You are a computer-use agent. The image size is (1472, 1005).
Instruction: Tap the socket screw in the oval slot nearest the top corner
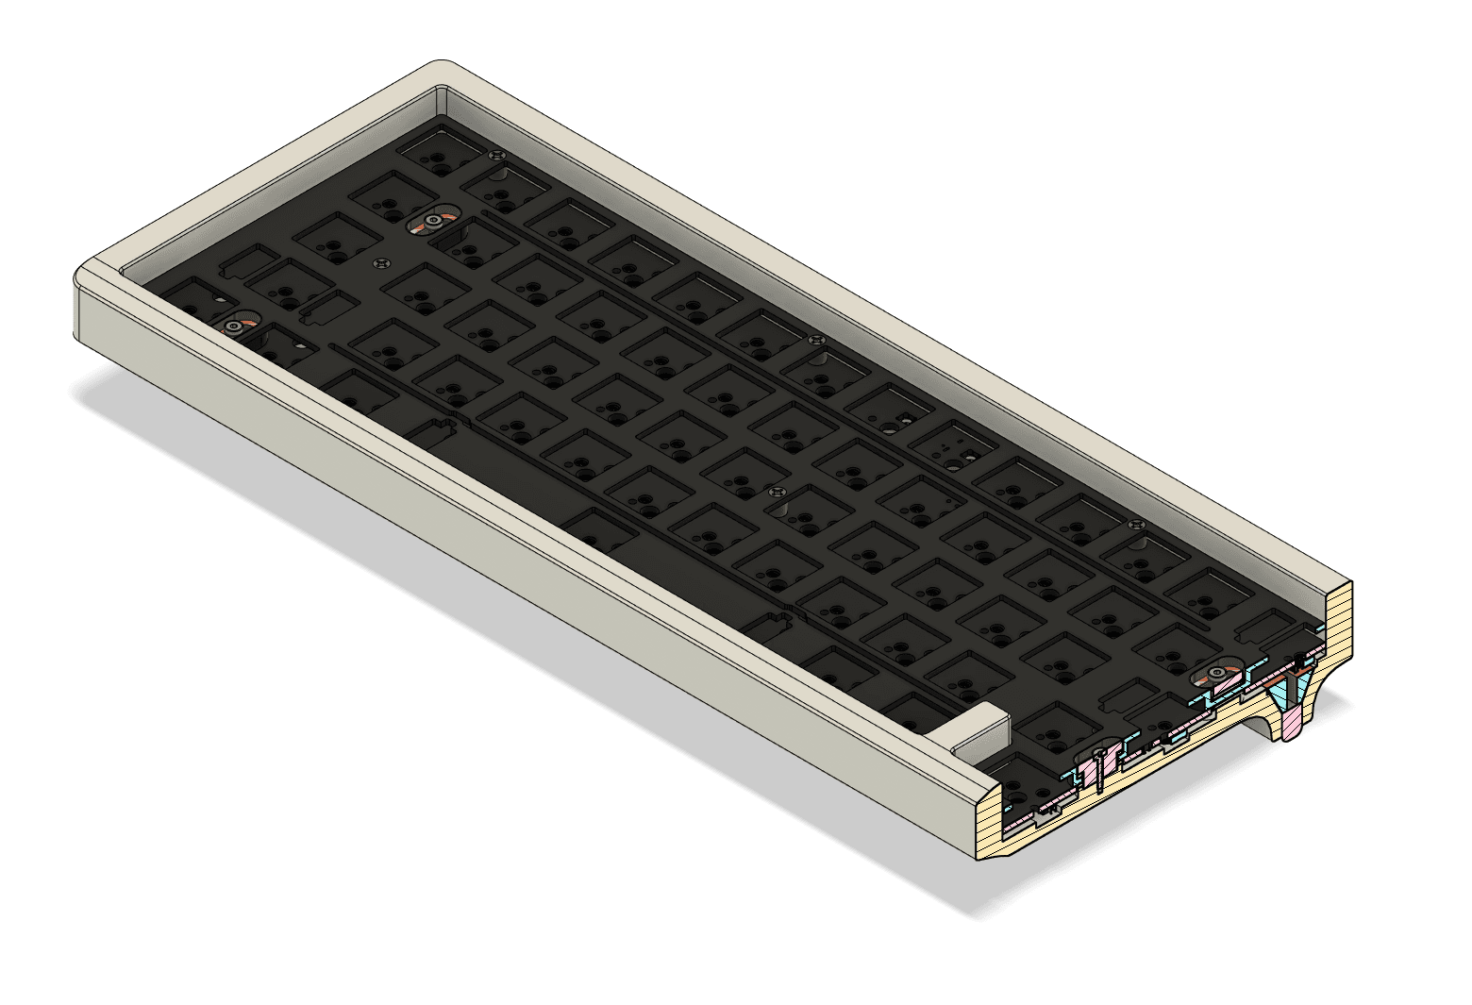click(432, 222)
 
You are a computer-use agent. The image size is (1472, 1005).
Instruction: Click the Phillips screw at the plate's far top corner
click(497, 154)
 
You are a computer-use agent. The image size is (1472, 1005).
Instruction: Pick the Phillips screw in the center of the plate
click(777, 492)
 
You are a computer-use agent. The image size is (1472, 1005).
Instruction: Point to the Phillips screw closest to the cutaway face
click(1133, 524)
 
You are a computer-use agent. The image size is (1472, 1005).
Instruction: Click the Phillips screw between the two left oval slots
click(381, 263)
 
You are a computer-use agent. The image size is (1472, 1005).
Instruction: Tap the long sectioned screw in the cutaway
click(1099, 768)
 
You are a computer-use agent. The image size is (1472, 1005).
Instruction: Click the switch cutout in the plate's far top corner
click(435, 151)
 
